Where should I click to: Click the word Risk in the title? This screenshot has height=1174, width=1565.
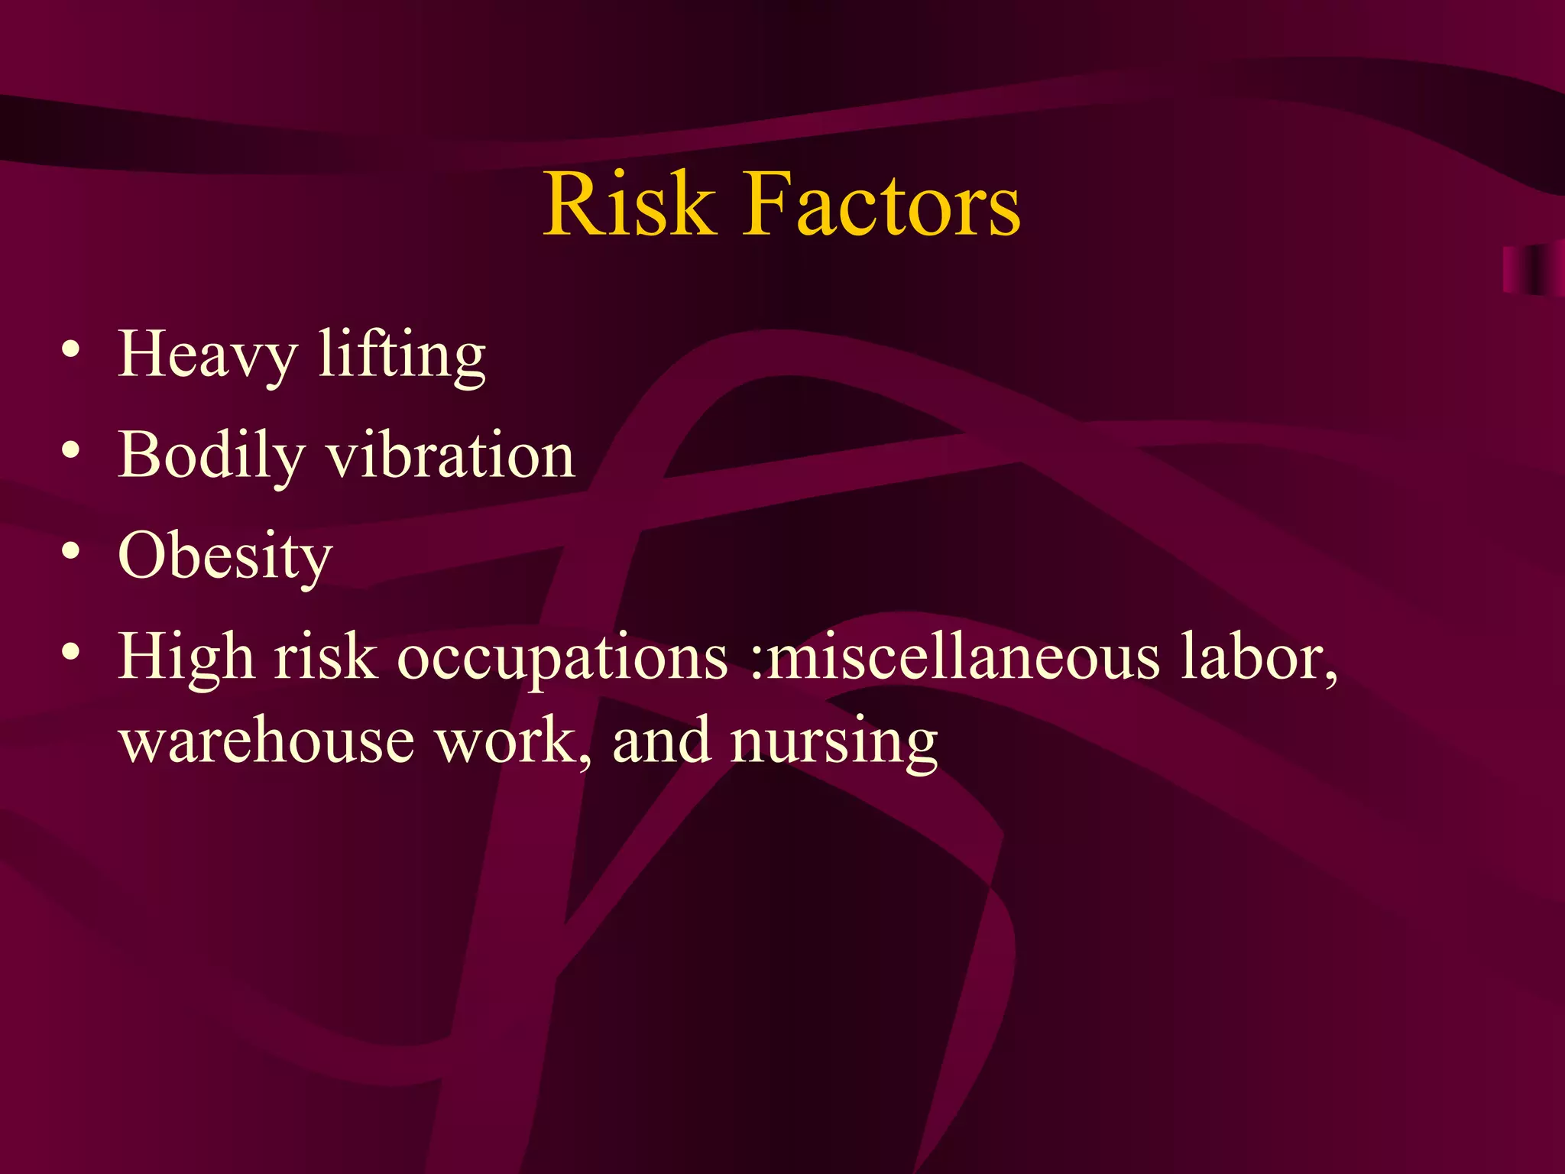[x=629, y=204]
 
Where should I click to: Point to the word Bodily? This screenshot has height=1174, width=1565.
[x=212, y=456]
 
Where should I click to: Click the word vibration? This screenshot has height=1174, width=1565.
[x=451, y=456]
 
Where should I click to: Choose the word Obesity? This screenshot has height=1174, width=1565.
[x=225, y=556]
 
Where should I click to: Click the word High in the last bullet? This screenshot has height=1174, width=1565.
[x=186, y=657]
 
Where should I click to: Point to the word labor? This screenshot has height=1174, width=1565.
[x=1259, y=657]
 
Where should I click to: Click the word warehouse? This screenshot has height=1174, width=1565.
[x=267, y=741]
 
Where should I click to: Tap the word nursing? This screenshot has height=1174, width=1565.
[x=834, y=742]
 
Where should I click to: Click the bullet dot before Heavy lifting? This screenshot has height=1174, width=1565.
[x=71, y=351]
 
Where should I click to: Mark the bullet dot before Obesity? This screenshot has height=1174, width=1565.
[x=71, y=552]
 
